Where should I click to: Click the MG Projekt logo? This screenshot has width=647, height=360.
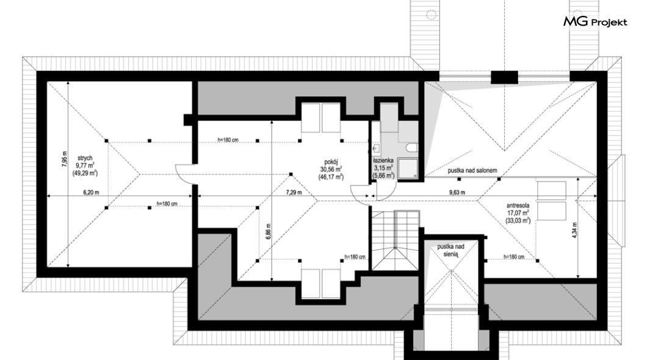tap(595, 21)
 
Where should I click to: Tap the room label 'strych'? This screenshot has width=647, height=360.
tap(85, 158)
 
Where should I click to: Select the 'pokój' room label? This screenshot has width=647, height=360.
tap(331, 162)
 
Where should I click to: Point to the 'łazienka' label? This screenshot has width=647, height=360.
tap(383, 160)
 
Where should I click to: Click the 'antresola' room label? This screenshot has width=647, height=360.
tap(518, 206)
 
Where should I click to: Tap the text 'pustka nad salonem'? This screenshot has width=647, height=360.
tap(472, 170)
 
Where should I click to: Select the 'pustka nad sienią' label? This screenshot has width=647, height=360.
tap(450, 250)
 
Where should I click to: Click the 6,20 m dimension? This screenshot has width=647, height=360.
tap(91, 192)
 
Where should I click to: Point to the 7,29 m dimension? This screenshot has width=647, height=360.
tap(294, 192)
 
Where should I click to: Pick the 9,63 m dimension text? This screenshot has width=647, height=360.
tap(457, 192)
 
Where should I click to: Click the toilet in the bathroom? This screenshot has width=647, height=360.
tap(412, 148)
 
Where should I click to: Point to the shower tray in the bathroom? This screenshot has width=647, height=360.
tap(408, 168)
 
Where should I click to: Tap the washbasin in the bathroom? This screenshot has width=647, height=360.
tap(376, 148)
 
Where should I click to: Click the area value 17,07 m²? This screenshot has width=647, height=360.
tap(518, 213)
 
